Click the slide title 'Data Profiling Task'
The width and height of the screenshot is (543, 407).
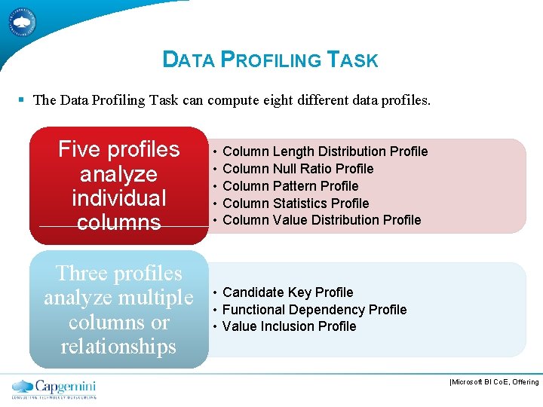pyautogui.click(x=270, y=60)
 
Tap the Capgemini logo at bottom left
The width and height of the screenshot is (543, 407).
pyautogui.click(x=54, y=388)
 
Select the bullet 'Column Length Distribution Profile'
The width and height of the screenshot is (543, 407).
pyautogui.click(x=325, y=151)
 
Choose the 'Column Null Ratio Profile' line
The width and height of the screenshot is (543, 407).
pyautogui.click(x=298, y=169)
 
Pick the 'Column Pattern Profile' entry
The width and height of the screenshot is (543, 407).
pyautogui.click(x=290, y=186)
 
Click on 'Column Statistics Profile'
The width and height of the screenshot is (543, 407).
pyautogui.click(x=296, y=203)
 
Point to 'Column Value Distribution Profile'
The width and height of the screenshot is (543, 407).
pyautogui.click(x=321, y=220)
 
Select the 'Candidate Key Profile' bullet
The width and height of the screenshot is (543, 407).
pyautogui.click(x=287, y=292)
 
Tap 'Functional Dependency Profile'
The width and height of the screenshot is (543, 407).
pyautogui.click(x=314, y=310)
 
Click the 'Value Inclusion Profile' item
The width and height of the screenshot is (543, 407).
pyautogui.click(x=289, y=326)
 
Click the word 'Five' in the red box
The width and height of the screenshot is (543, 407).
pyautogui.click(x=81, y=149)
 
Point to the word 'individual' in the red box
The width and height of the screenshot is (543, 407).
pyautogui.click(x=118, y=198)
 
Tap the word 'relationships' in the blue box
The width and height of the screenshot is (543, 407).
pyautogui.click(x=118, y=347)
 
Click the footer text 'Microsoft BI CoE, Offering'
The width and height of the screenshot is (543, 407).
pyautogui.click(x=495, y=382)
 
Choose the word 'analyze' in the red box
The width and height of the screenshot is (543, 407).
pyautogui.click(x=118, y=174)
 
